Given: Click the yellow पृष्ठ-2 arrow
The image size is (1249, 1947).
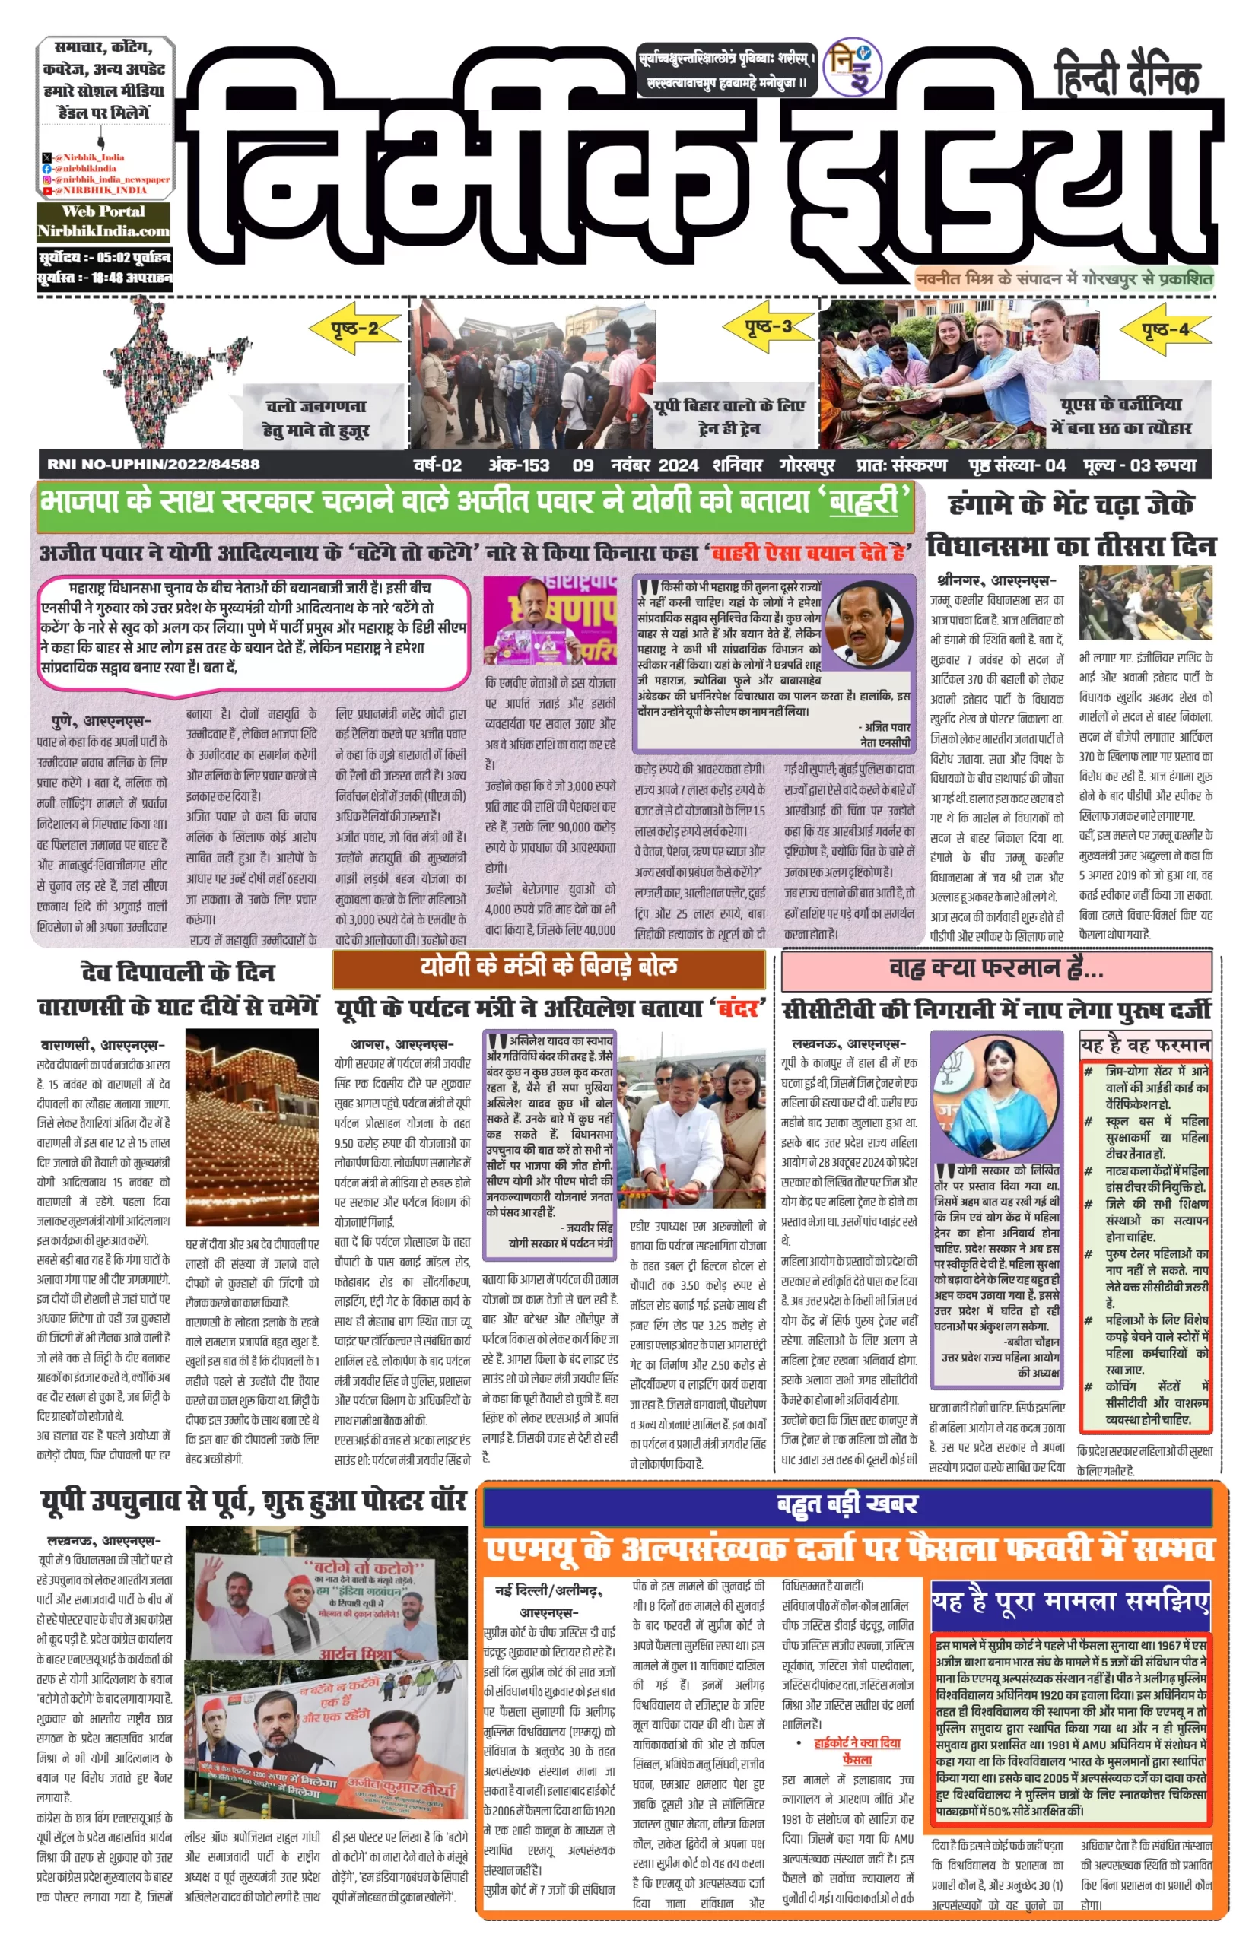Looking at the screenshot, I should coord(355,329).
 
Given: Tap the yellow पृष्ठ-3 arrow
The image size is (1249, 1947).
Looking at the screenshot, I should coord(768,326).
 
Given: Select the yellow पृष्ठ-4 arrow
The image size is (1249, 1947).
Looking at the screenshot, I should coord(1165,329).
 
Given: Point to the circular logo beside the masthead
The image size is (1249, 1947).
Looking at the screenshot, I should coord(852,69).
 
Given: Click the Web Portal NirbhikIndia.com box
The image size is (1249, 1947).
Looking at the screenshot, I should coord(103,221).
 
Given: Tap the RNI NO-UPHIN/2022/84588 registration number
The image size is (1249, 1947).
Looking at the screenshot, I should coord(154,465).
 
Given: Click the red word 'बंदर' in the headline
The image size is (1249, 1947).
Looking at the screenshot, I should coord(739,1008).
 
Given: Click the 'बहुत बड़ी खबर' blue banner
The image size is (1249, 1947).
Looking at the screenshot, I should coord(847,1504).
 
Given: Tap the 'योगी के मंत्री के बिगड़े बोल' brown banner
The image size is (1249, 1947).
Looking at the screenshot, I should coord(548,967).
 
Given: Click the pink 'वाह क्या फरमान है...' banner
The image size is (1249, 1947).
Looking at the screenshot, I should coord(996,969).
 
